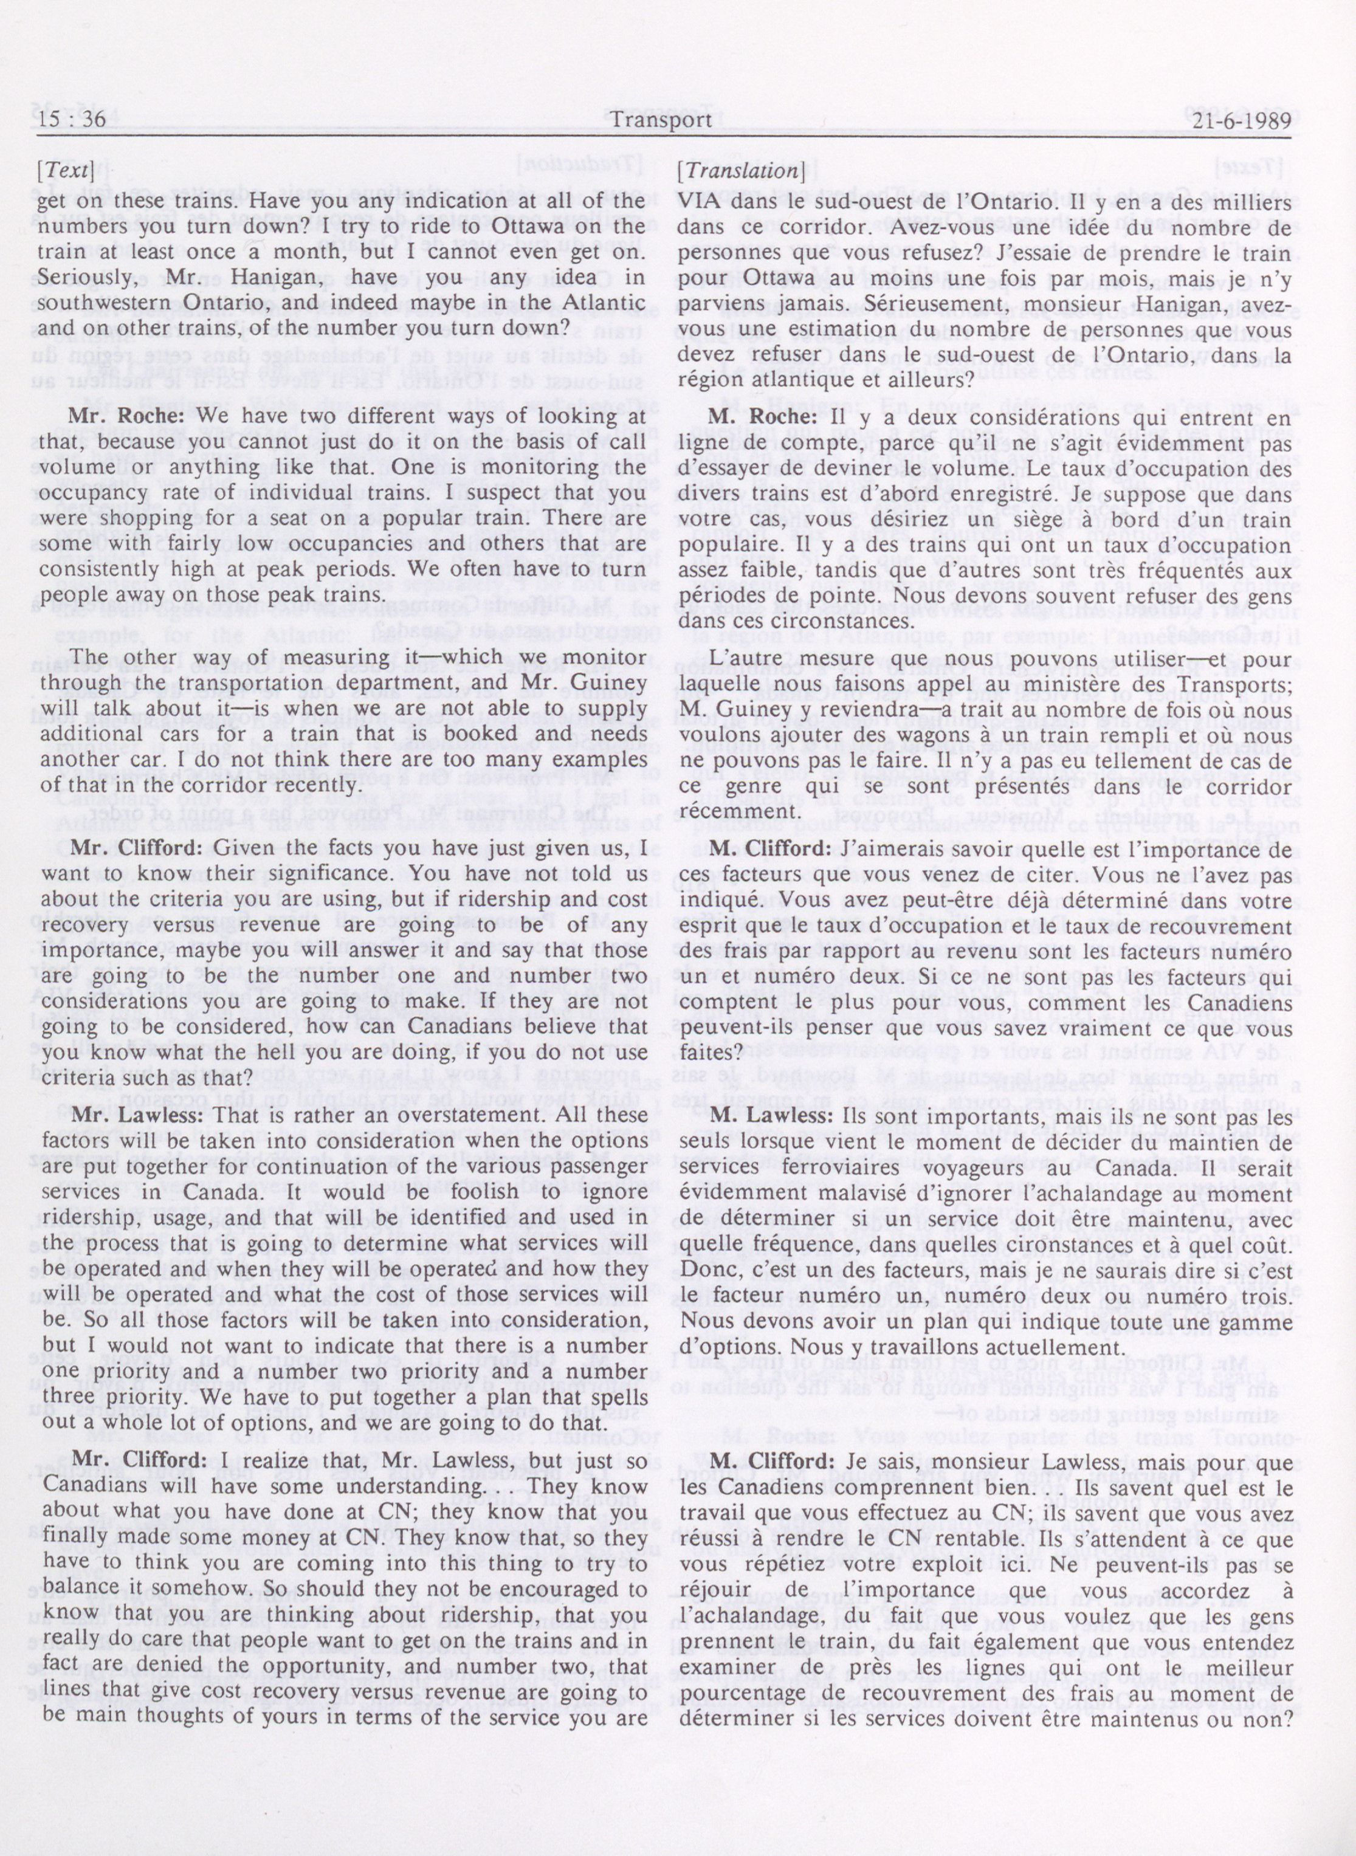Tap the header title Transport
point(661,120)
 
